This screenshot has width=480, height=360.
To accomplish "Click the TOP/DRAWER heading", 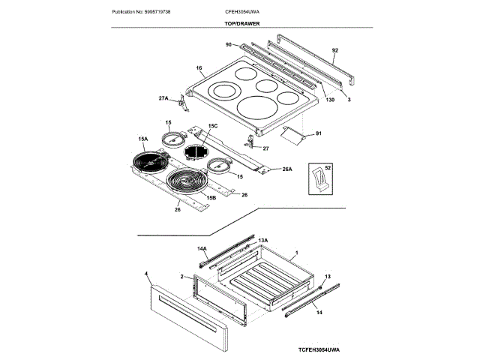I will click(x=240, y=25).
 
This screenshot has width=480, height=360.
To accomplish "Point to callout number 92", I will click(x=335, y=50).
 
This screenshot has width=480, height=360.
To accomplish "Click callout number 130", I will click(x=331, y=100).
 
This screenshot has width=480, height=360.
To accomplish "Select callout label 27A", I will click(x=163, y=98).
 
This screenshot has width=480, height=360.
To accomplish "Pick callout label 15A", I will click(x=143, y=139).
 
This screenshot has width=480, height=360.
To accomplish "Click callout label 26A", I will click(x=286, y=169).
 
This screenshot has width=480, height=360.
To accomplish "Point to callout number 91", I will click(x=318, y=133).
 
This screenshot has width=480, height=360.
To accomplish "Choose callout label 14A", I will click(x=202, y=247).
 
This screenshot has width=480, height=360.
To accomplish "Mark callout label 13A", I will click(x=263, y=240).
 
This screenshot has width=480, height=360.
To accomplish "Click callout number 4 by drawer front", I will click(x=146, y=274).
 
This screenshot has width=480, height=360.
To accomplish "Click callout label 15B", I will click(x=212, y=197).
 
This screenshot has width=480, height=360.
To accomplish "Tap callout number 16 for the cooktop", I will click(x=199, y=68).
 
